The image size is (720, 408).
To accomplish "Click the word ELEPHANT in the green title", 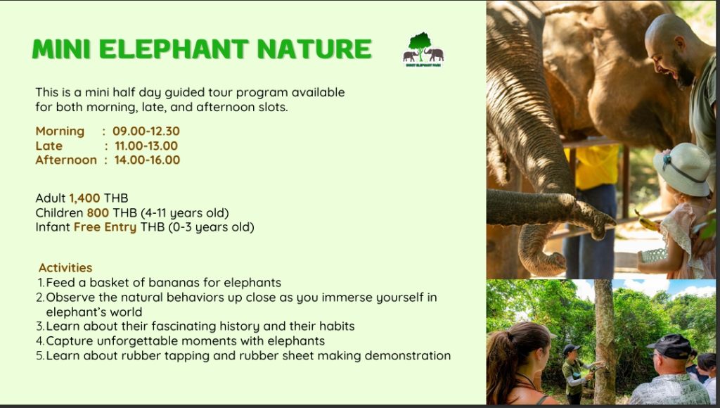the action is pos(174,49).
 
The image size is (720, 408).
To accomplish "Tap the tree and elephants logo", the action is pos(423,50).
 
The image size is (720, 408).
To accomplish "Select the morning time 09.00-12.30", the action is pos(146,131).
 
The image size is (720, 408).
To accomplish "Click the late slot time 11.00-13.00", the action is pos(146,146).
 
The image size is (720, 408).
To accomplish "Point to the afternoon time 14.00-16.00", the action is pos(147,160).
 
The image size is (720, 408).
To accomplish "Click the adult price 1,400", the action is pos(84,198).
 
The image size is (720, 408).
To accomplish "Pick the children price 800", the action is pos(98,212).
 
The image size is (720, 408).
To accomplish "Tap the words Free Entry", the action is pos(105,227).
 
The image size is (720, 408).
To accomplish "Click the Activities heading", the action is pos(65,267).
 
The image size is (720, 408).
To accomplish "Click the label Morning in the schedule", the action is pos(60,131).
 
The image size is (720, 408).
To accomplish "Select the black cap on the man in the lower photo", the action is pos(669,345).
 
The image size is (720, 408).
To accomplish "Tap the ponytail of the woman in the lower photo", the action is pos(499,364).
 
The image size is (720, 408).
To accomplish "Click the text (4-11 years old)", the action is pos(185,212).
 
